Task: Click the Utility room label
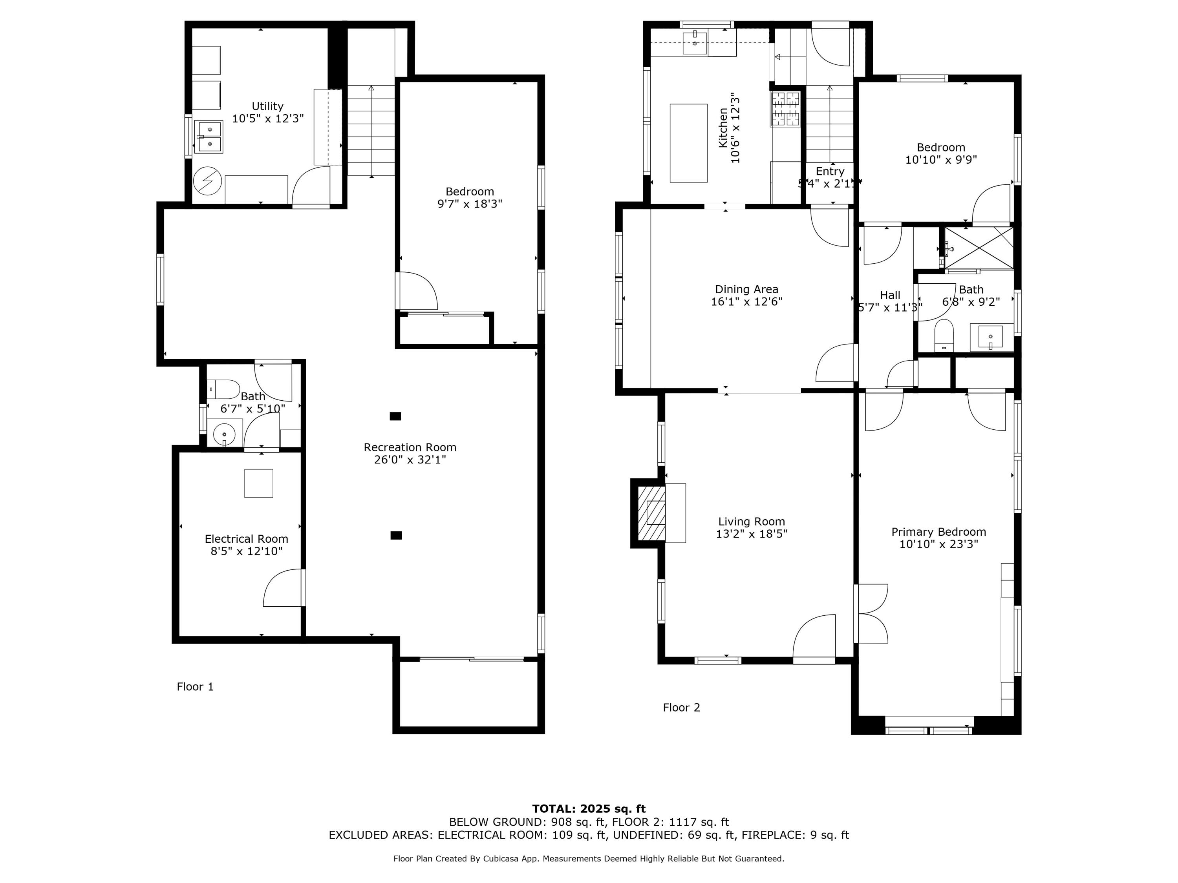pos(267,106)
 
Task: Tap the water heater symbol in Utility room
pos(208,181)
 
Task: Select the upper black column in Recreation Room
pos(395,416)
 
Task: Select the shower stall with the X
pos(979,248)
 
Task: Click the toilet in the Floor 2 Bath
pos(944,335)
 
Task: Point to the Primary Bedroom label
pos(938,532)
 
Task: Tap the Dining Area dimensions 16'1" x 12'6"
pos(746,302)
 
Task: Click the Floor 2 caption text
pos(681,707)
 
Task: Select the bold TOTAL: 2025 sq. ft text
pos(589,808)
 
